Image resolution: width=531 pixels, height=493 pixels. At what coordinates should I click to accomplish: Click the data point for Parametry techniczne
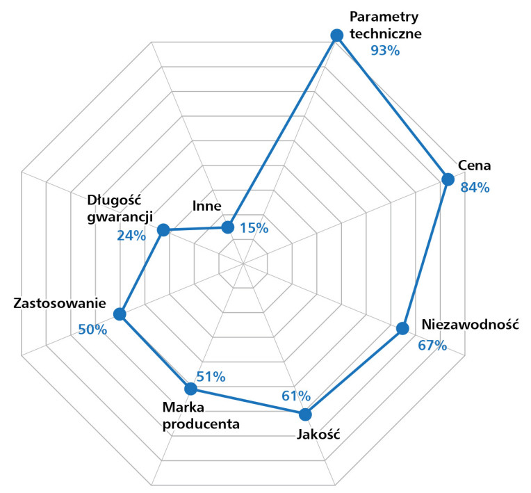click(337, 35)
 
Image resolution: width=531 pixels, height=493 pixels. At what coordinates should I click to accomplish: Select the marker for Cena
click(448, 179)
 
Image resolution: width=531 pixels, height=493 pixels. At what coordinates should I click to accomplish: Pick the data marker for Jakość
click(304, 414)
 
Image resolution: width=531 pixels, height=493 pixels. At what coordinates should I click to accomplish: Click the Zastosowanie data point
click(120, 314)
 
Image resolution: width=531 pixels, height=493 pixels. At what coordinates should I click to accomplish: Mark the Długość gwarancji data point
click(163, 230)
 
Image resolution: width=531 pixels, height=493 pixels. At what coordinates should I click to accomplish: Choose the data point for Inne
click(227, 227)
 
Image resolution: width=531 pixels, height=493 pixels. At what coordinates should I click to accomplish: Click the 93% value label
click(385, 51)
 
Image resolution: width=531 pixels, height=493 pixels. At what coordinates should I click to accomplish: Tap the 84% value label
click(475, 187)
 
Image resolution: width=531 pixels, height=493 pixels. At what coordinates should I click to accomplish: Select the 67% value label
click(432, 345)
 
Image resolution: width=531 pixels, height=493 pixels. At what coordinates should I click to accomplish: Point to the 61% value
click(296, 396)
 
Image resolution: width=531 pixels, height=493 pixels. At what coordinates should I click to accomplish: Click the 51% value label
click(211, 377)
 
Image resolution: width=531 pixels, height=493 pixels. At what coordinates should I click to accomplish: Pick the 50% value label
click(92, 330)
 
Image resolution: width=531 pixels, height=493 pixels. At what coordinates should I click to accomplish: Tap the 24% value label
click(131, 236)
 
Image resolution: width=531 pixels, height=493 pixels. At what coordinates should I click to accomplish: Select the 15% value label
click(254, 227)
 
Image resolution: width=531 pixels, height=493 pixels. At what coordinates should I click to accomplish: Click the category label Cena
click(475, 166)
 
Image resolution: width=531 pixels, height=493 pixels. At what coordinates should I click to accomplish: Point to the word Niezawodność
click(470, 325)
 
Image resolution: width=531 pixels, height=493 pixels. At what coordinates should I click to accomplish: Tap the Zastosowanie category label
click(60, 304)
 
